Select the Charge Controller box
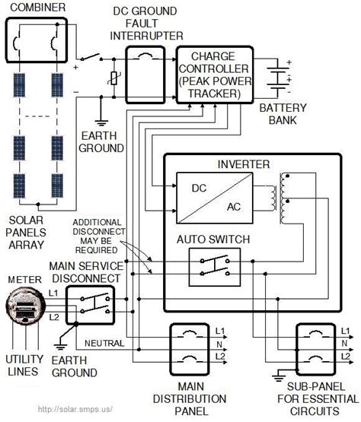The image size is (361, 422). (210, 75)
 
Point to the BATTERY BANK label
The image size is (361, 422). (281, 115)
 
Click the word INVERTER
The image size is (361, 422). (244, 164)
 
